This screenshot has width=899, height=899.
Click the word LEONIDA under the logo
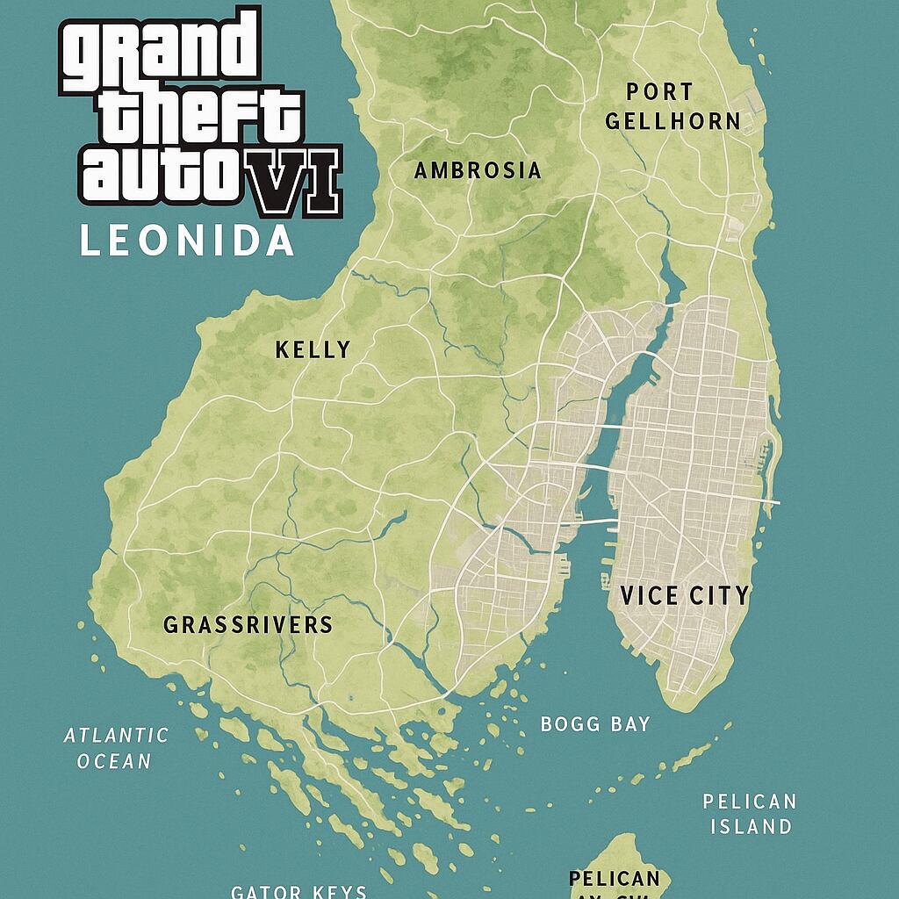coord(186,241)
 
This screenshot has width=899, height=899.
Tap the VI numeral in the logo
coord(295,181)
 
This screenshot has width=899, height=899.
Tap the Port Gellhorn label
coord(672,106)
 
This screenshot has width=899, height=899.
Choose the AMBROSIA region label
coord(478,170)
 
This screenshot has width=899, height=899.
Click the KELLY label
coord(313,349)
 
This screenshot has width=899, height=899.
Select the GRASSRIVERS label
coord(248,624)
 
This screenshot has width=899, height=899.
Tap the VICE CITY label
coord(685,595)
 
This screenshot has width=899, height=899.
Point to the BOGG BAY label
coord(595,724)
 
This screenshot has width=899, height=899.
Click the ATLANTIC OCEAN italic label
coord(115,748)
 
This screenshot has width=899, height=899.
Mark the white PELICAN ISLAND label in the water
coord(750,813)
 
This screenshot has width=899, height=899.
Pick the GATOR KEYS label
coord(298,891)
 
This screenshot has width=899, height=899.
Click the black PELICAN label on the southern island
coord(614,879)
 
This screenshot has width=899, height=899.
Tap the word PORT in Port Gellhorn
coord(659,91)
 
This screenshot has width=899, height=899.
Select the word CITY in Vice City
coord(718,595)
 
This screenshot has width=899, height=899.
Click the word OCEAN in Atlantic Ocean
coord(114,761)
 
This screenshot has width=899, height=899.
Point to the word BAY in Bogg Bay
coord(629,724)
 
